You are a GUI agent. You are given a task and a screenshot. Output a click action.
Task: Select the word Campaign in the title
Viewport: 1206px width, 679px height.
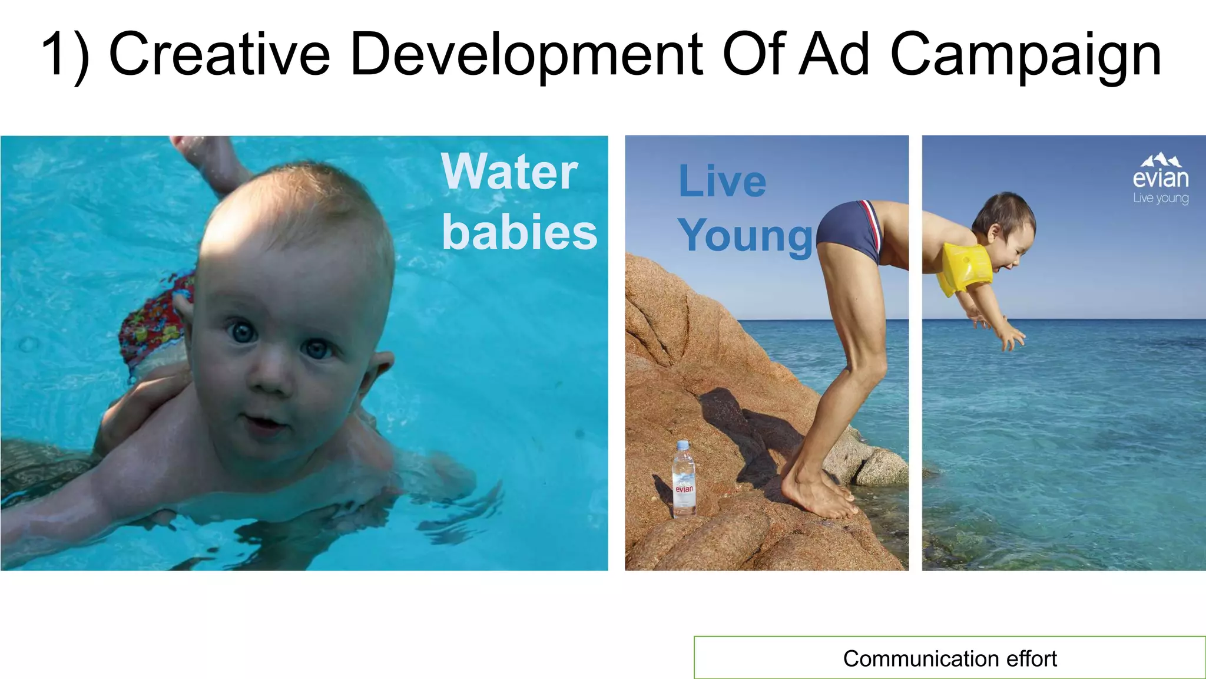(x=1025, y=56)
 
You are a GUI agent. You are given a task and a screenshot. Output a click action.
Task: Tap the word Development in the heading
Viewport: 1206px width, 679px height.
(x=526, y=56)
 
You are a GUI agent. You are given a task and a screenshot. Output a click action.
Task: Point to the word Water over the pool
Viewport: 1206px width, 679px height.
(x=509, y=172)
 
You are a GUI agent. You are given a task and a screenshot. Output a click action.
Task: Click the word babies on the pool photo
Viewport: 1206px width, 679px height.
(x=519, y=232)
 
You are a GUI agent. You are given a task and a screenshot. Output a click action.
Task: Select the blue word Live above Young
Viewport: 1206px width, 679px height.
(x=722, y=181)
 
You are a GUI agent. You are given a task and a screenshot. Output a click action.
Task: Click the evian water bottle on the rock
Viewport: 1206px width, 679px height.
(x=684, y=480)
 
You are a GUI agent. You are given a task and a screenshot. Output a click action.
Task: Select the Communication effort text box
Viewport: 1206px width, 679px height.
(x=949, y=658)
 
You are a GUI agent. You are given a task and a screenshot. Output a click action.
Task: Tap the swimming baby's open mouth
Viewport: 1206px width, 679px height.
(x=263, y=422)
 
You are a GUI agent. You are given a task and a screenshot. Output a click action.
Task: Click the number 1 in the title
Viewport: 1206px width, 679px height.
(x=55, y=54)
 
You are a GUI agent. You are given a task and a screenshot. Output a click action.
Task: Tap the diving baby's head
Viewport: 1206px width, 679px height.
(x=1005, y=221)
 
